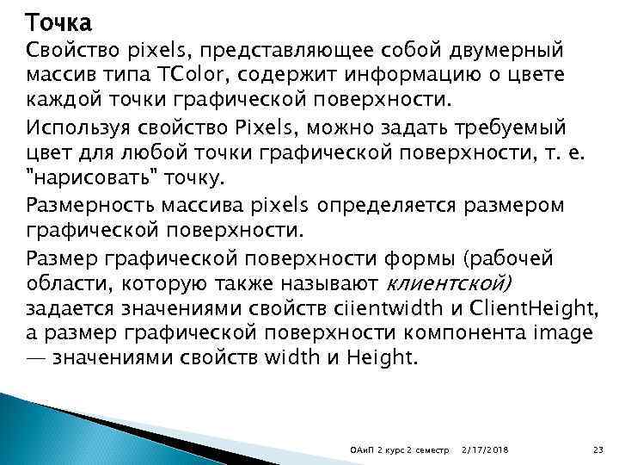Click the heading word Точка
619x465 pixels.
(58, 20)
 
